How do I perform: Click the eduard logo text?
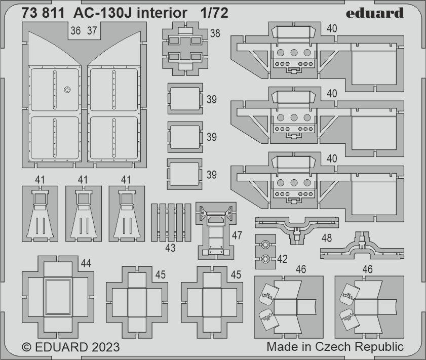[375, 13]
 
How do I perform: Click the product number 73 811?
[43, 13]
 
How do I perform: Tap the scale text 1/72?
[213, 13]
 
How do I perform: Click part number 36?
[76, 31]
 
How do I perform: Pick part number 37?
[92, 31]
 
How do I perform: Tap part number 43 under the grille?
[170, 248]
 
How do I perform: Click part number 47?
[237, 235]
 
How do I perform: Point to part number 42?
[282, 259]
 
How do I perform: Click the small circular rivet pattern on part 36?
[67, 90]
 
